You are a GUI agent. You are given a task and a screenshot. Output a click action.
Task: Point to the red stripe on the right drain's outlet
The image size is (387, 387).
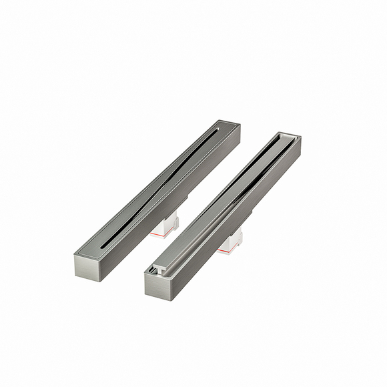click(x=227, y=251)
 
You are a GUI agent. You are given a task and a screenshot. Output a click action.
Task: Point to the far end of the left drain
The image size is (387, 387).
click(x=230, y=125)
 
